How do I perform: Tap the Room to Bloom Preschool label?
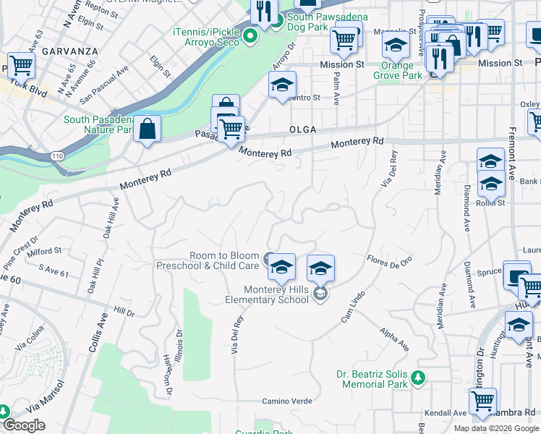click(x=208, y=260)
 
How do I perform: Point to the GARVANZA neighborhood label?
click(x=64, y=52)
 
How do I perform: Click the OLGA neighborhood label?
click(x=303, y=129)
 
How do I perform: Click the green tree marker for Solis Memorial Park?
click(x=417, y=377)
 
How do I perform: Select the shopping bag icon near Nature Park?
click(x=147, y=130)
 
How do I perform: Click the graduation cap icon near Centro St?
click(x=282, y=85)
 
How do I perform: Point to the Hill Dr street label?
click(x=124, y=312)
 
